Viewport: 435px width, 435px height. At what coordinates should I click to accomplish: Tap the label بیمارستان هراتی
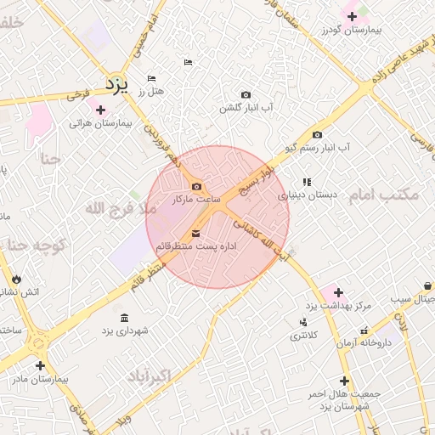tap(101, 124)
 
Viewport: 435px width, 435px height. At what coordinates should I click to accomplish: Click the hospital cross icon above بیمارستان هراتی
tap(101, 110)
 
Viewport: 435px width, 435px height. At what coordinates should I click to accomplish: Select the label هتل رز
tap(155, 91)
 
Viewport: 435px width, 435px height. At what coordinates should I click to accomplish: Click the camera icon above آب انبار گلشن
tap(246, 94)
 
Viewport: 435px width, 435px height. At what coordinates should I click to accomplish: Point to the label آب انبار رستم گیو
tap(319, 147)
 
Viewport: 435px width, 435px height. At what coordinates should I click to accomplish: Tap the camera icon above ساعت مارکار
tap(197, 187)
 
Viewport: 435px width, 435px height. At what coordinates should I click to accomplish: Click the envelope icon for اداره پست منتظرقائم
tap(196, 233)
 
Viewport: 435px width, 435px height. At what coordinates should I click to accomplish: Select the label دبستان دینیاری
tap(308, 195)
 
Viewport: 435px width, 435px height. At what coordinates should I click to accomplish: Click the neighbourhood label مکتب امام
tap(384, 195)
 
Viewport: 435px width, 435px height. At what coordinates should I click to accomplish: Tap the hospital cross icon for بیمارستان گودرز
tap(352, 16)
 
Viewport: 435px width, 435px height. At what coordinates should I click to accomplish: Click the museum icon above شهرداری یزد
tap(125, 318)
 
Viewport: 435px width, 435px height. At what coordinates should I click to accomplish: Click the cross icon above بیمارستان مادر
tap(40, 365)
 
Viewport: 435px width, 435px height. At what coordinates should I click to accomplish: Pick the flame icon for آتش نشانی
tap(16, 279)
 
